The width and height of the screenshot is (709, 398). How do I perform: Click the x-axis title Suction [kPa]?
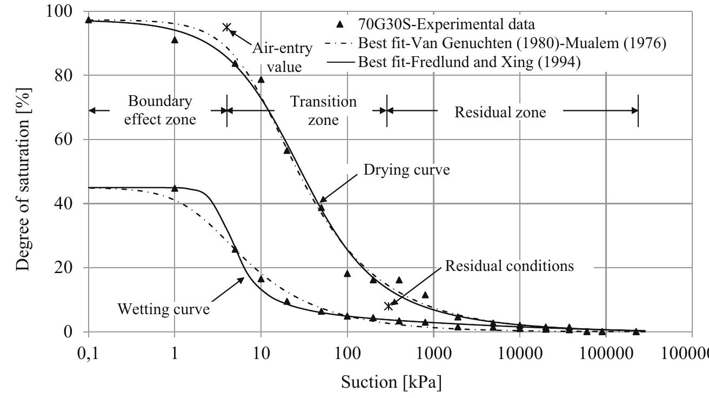tap(391, 382)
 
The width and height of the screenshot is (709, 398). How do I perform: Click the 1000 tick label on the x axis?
tap(433, 353)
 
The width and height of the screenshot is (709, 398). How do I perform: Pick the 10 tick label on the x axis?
tap(261, 353)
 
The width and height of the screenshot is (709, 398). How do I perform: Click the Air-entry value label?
tap(282, 57)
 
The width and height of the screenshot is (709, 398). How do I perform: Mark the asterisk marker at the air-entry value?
tap(227, 27)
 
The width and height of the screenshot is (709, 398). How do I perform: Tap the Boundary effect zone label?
tap(160, 110)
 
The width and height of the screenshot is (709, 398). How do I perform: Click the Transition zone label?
tap(323, 110)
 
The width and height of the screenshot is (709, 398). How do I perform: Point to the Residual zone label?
tap(500, 112)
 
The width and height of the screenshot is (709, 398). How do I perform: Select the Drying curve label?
tap(406, 170)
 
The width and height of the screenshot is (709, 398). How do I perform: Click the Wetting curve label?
tap(163, 309)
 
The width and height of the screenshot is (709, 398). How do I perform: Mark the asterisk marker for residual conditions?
tap(388, 306)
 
